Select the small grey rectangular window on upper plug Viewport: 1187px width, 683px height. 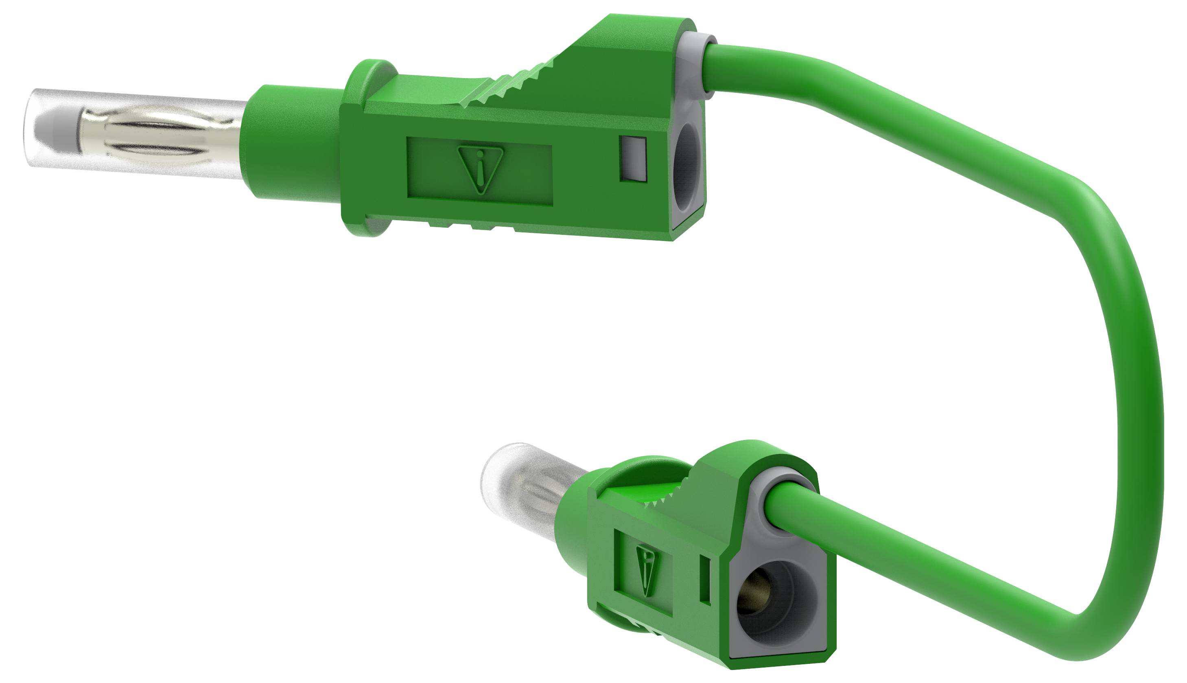[x=633, y=159]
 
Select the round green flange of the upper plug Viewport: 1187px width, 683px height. [x=366, y=150]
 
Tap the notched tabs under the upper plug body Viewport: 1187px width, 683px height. [x=474, y=227]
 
